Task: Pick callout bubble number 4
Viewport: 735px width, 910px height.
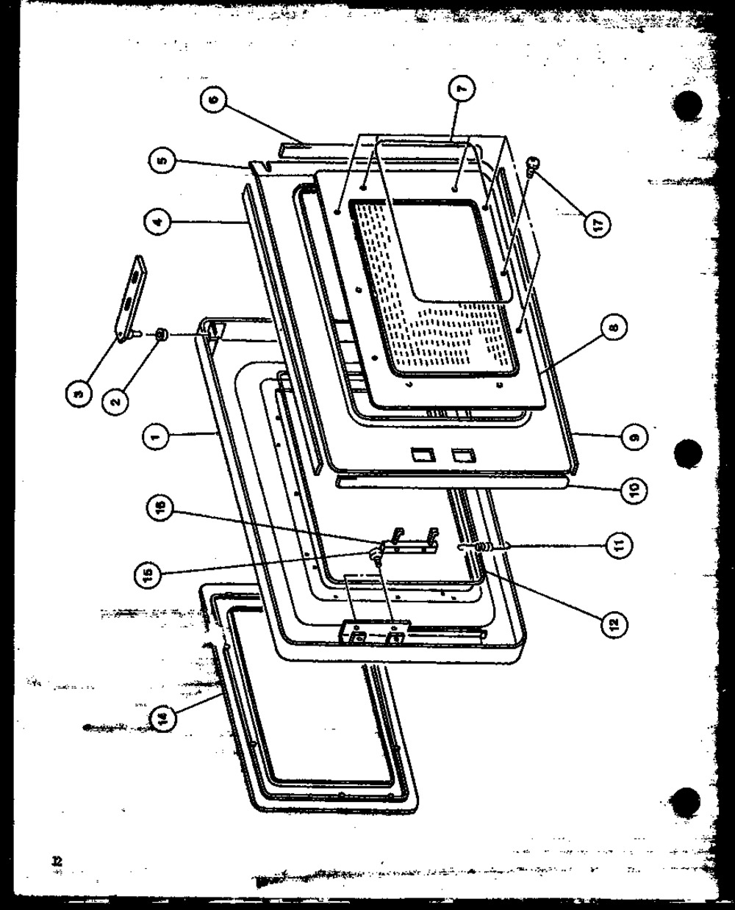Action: pyautogui.click(x=158, y=220)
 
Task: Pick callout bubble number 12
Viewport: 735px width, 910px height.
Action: pyautogui.click(x=614, y=624)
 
